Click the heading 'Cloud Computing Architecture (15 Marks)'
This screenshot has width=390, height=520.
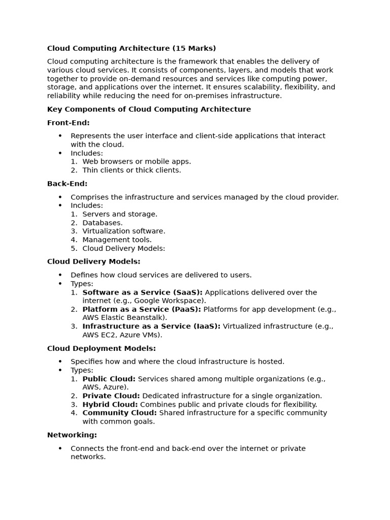[x=132, y=48]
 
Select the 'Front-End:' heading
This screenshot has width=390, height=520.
[x=68, y=122]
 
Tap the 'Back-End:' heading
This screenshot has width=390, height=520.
[x=67, y=183]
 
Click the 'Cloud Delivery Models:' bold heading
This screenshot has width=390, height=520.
[x=93, y=262]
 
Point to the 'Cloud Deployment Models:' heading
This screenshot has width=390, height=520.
[x=101, y=348]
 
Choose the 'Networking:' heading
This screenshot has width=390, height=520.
[x=72, y=435]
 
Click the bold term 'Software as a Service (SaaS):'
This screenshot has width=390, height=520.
[x=142, y=292]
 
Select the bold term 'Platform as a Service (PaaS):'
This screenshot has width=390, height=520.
[x=142, y=309]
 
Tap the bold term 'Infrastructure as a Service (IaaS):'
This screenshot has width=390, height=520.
[x=151, y=327]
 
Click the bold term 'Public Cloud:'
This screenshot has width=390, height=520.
[x=109, y=379]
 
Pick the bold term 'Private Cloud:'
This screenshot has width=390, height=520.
[x=111, y=396]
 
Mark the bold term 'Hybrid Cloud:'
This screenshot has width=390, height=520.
[x=110, y=404]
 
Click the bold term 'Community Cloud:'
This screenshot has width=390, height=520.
[x=119, y=413]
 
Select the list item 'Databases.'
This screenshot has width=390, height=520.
[x=102, y=222]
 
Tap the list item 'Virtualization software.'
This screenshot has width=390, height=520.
[x=123, y=231]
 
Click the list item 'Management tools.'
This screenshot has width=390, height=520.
[x=117, y=240]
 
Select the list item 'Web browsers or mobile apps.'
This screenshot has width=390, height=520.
[x=137, y=161]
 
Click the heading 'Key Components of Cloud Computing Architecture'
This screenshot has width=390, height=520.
[x=149, y=109]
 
